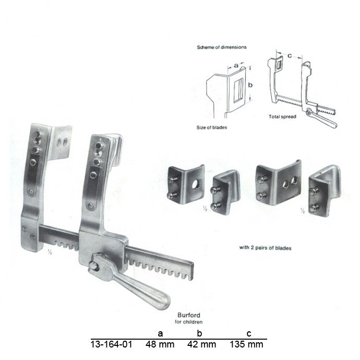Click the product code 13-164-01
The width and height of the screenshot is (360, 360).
pyautogui.click(x=111, y=344)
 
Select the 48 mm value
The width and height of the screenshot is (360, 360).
pyautogui.click(x=160, y=344)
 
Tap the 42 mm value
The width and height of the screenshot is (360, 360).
pyautogui.click(x=201, y=344)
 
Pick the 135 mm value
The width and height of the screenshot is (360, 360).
pyautogui.click(x=246, y=344)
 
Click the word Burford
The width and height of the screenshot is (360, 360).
pyautogui.click(x=189, y=315)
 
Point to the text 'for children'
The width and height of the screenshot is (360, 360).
pyautogui.click(x=188, y=322)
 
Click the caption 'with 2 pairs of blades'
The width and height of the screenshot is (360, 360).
pyautogui.click(x=265, y=248)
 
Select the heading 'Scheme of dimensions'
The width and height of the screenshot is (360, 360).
pyautogui.click(x=222, y=47)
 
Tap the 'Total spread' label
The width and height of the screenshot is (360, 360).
pyautogui.click(x=282, y=116)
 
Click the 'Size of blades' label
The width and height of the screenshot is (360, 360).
pyautogui.click(x=212, y=127)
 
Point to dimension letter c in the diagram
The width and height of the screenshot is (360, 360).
pyautogui.click(x=290, y=55)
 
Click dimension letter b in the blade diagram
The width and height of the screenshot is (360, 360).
pyautogui.click(x=250, y=85)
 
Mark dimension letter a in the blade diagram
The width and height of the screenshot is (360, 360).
pyautogui.click(x=236, y=65)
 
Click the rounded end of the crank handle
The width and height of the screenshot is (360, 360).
pyautogui.click(x=164, y=301)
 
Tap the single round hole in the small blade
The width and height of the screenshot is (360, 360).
pyautogui.click(x=197, y=183)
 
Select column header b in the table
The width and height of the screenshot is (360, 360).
pyautogui.click(x=199, y=333)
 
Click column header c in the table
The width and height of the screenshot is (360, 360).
pyautogui.click(x=249, y=333)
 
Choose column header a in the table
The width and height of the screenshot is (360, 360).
pyautogui.click(x=160, y=333)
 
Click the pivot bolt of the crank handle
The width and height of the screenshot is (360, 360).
pyautogui.click(x=93, y=266)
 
